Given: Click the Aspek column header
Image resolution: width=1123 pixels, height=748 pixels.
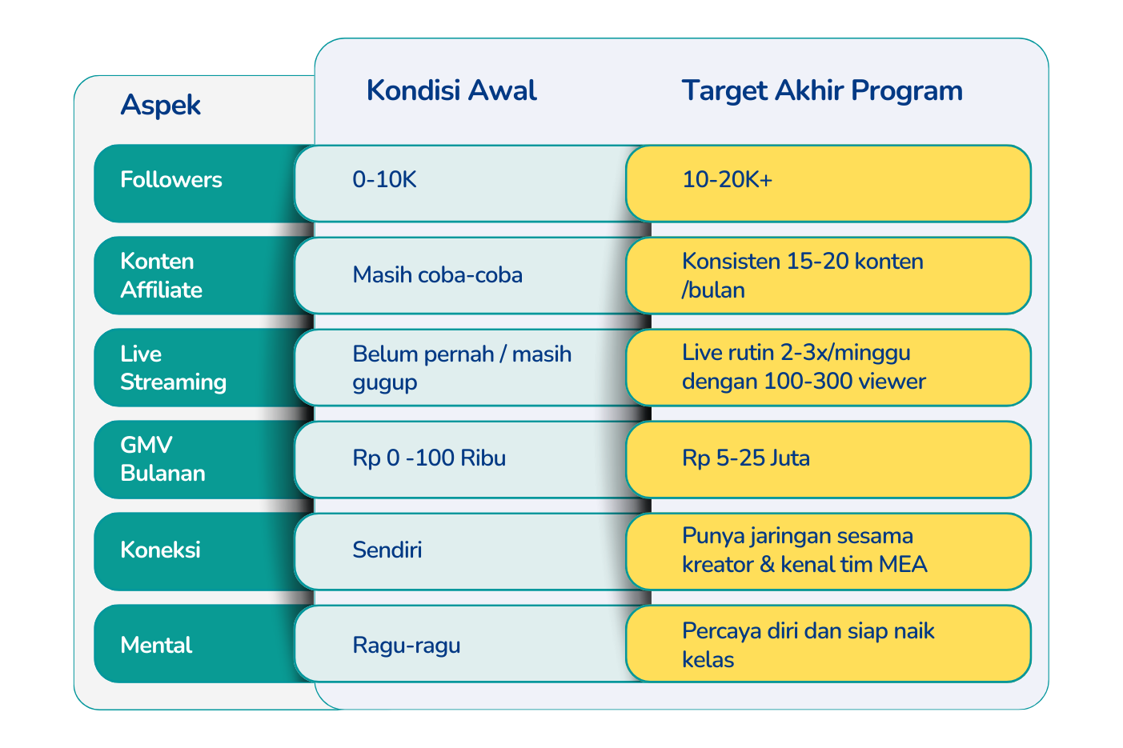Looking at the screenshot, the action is [x=160, y=106].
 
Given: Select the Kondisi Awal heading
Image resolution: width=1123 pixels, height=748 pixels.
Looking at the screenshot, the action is [x=451, y=90].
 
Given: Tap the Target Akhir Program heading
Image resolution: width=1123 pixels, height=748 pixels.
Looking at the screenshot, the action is [x=822, y=91].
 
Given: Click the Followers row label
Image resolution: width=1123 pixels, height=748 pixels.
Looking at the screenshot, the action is [x=171, y=179].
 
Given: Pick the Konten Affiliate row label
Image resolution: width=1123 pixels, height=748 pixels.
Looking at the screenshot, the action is [x=162, y=275].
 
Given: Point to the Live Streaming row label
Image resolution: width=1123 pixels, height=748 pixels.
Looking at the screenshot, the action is [x=173, y=368].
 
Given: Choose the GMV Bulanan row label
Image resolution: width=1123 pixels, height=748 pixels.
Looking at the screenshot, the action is [x=163, y=459].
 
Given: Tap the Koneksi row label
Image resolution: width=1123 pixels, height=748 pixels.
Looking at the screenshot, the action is [x=160, y=550].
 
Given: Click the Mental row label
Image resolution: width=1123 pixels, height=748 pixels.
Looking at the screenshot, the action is [x=156, y=645].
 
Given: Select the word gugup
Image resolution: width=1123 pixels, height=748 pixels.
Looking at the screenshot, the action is [x=385, y=384].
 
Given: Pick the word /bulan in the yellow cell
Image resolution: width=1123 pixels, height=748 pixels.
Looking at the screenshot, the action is [x=713, y=290].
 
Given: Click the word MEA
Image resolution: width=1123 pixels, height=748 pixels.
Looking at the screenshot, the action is [x=903, y=565].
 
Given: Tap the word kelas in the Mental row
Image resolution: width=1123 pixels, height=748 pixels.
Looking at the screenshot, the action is [x=708, y=659].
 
